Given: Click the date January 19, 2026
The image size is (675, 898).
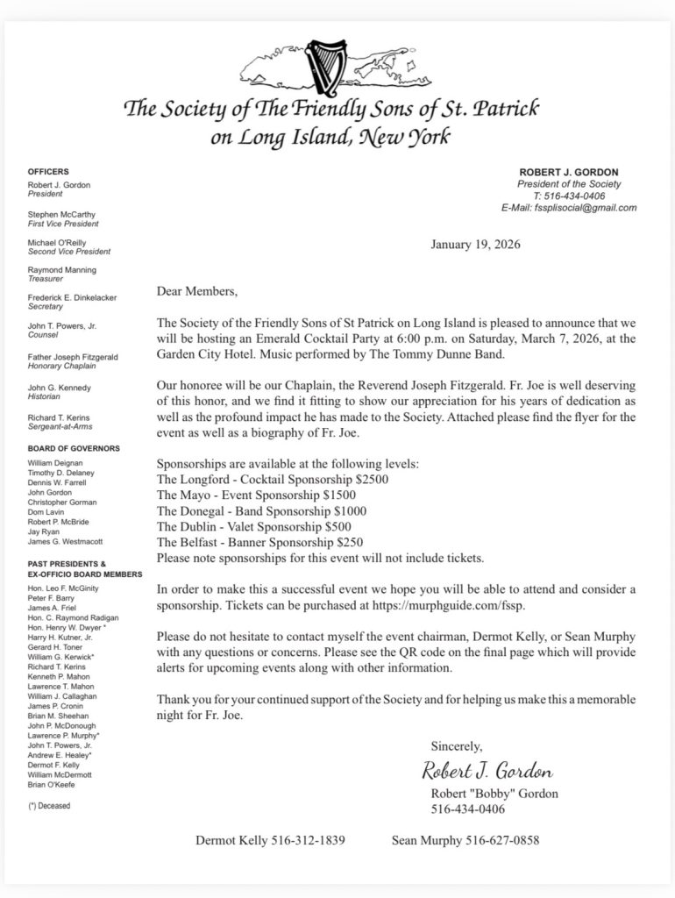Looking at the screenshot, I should click(475, 245).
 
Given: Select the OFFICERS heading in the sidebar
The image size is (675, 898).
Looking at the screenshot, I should click(48, 172).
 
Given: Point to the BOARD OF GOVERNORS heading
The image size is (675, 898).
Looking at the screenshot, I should click(74, 448).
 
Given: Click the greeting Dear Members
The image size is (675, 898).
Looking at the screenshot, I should click(196, 290).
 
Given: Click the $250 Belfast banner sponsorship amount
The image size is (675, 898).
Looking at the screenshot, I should click(345, 542).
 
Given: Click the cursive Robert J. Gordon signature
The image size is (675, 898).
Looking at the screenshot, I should click(487, 773).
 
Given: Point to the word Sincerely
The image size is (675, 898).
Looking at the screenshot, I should click(456, 746).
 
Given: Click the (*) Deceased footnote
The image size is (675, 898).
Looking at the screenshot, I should click(49, 805).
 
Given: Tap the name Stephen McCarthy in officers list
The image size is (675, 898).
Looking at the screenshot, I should click(62, 214).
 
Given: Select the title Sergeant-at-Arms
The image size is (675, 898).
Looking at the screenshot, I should click(61, 426).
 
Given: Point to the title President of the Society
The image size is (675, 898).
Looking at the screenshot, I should click(569, 184).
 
